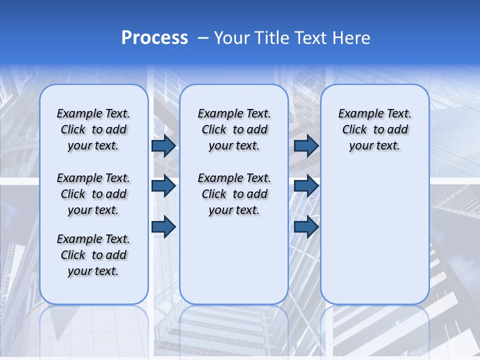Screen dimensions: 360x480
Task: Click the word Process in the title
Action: [x=154, y=38]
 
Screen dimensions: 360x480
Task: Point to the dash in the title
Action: [x=203, y=38]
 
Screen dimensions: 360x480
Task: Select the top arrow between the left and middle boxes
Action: [x=163, y=145]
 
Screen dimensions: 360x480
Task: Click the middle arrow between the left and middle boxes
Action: [x=163, y=186]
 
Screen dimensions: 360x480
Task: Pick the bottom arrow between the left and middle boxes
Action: [x=163, y=226]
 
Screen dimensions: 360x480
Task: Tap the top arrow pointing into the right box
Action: [x=306, y=145]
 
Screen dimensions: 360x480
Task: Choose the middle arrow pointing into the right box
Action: [x=306, y=186]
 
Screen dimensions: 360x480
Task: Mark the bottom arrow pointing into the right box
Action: [x=306, y=226]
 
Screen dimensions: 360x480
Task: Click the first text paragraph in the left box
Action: [x=93, y=129]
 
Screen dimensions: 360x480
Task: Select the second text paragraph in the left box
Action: [x=93, y=194]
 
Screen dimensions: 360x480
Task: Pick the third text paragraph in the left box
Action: [x=93, y=255]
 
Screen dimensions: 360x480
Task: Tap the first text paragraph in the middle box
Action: [x=234, y=129]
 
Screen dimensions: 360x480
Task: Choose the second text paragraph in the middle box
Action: [x=234, y=194]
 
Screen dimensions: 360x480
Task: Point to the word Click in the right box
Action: [x=354, y=129]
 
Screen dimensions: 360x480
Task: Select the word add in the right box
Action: [x=397, y=129]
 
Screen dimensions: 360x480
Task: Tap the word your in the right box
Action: [x=359, y=146]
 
